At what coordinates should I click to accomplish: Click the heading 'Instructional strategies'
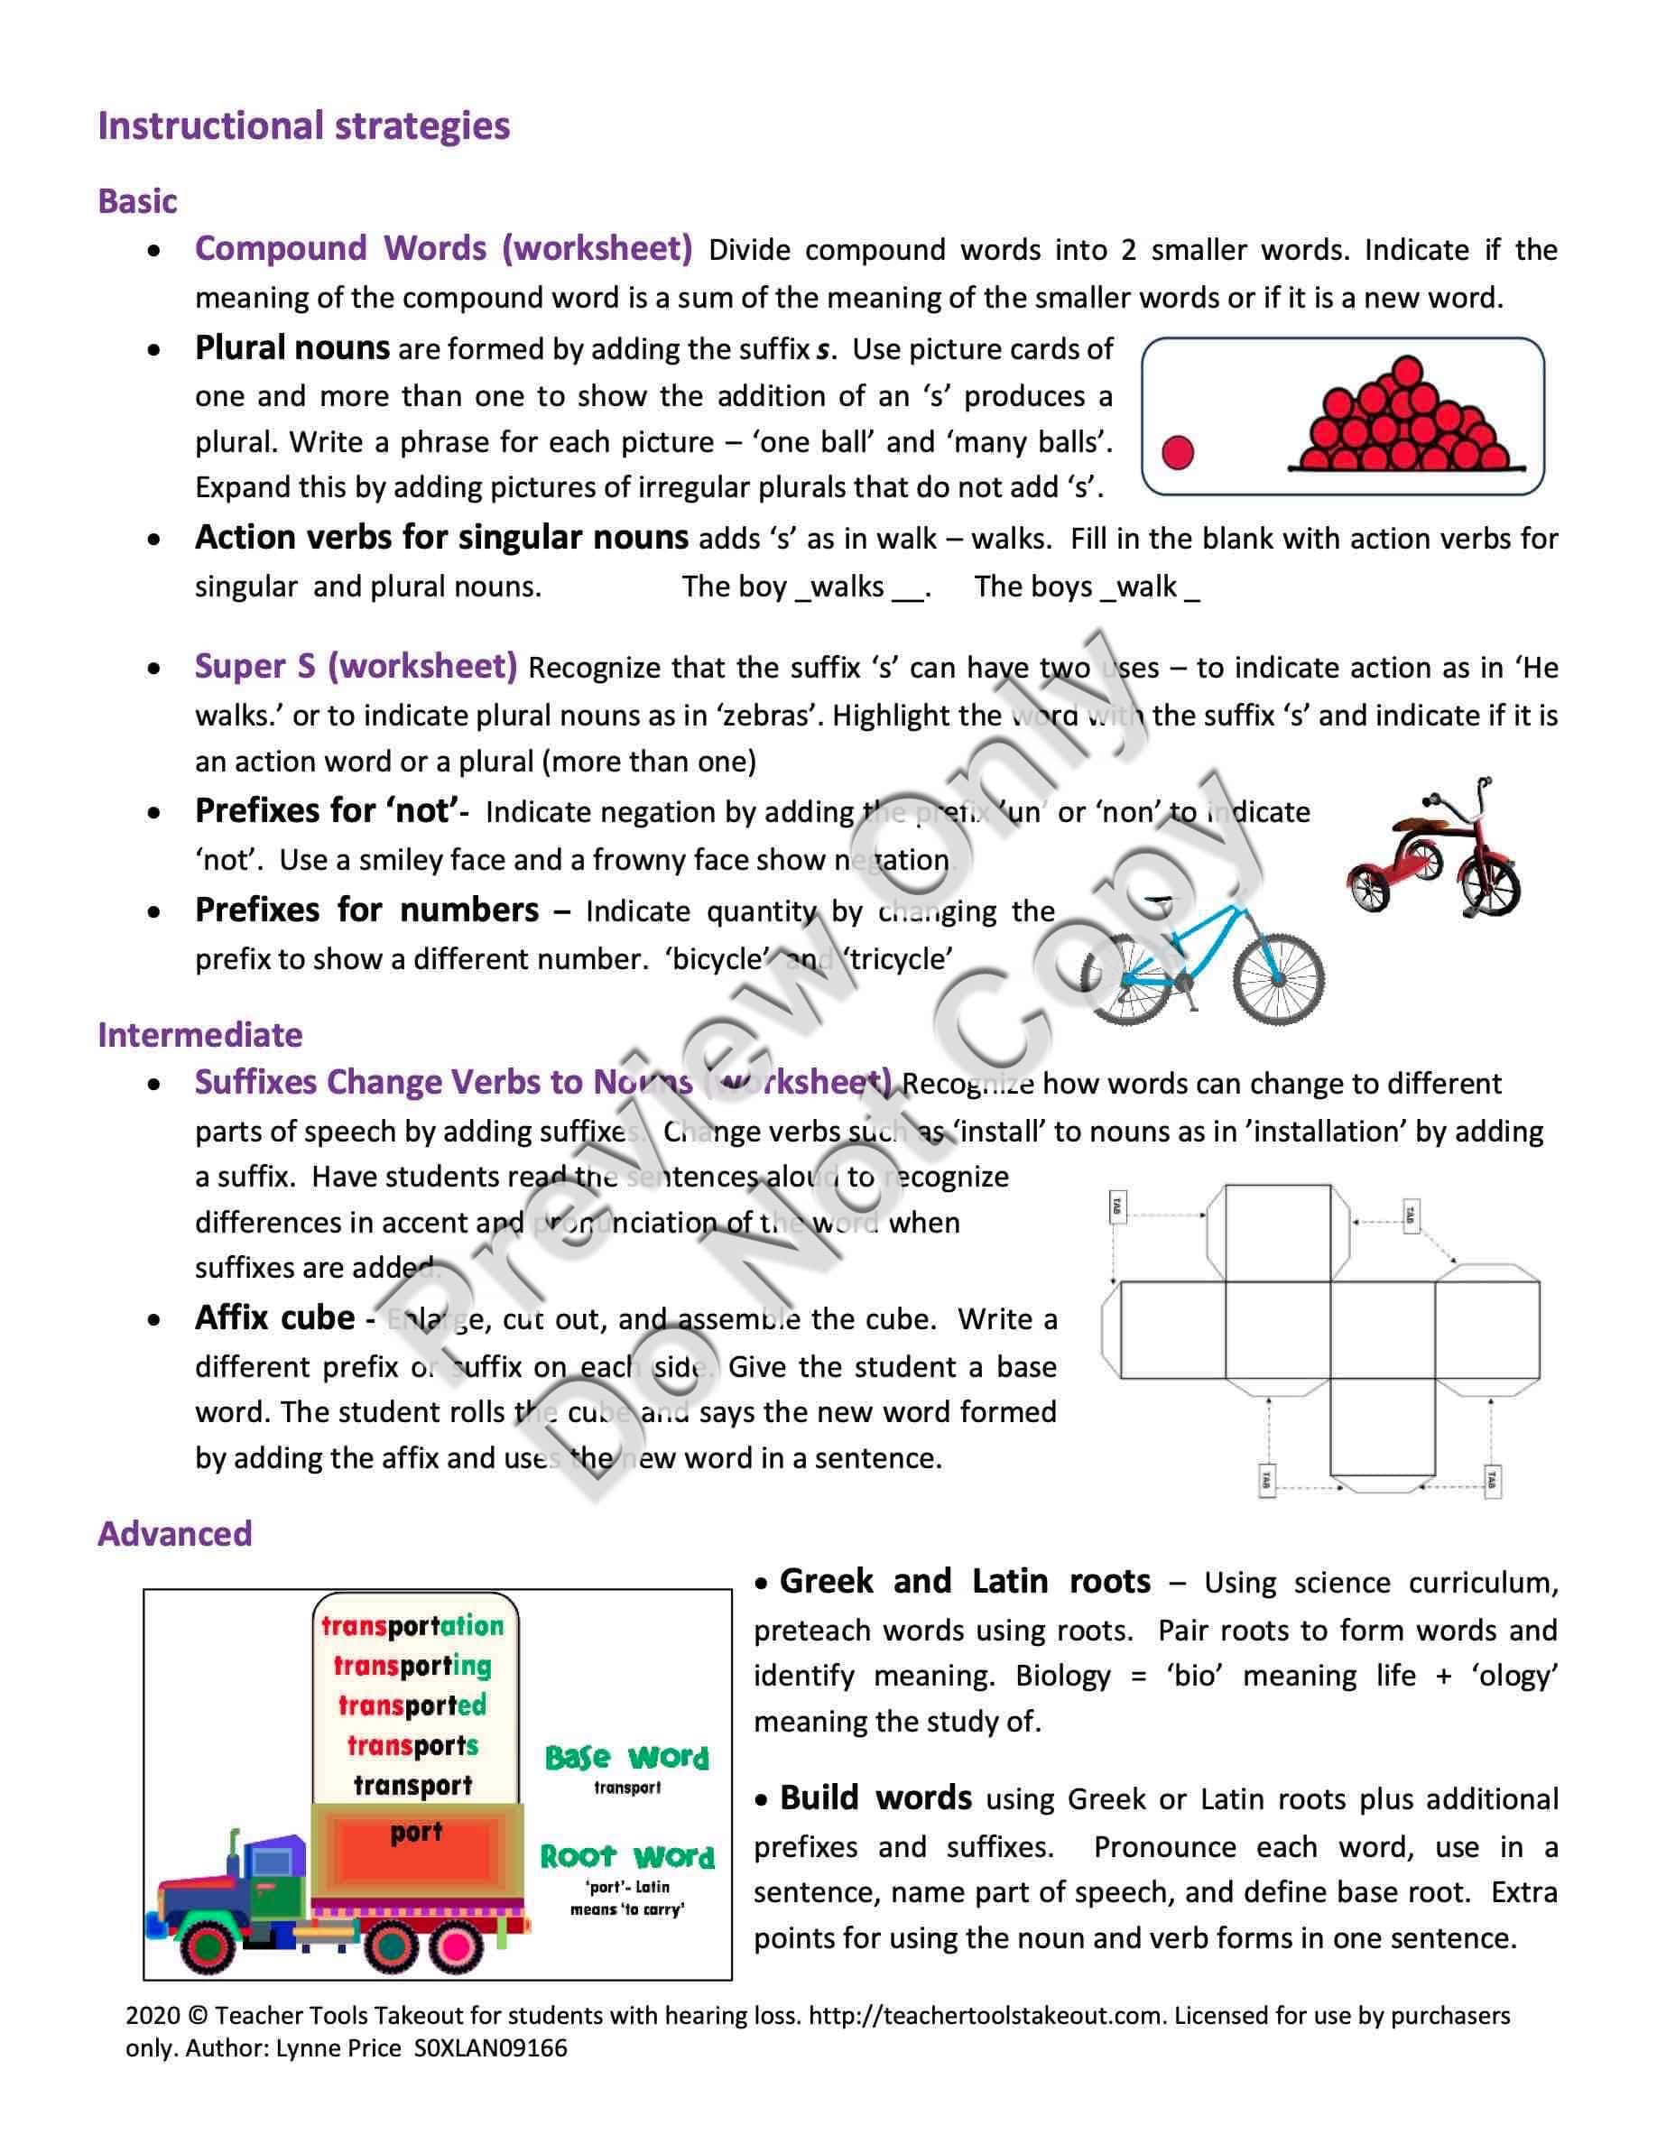pos(303,126)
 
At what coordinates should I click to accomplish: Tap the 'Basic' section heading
pos(137,201)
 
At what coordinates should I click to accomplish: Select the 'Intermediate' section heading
pos(200,1035)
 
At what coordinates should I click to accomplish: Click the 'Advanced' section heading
pos(175,1533)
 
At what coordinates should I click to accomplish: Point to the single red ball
pos(1177,453)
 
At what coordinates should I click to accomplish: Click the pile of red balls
pos(1403,420)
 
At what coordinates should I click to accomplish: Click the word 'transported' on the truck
pos(412,1705)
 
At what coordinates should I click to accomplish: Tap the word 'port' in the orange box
pos(416,1832)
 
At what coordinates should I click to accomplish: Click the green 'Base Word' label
pos(626,1757)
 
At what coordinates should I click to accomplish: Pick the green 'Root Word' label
pos(627,1856)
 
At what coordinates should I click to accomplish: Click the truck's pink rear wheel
pos(456,1945)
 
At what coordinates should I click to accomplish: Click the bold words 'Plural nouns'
pos(292,348)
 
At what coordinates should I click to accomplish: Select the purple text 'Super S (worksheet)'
pos(356,667)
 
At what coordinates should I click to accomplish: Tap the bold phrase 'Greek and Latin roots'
pos(964,1582)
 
